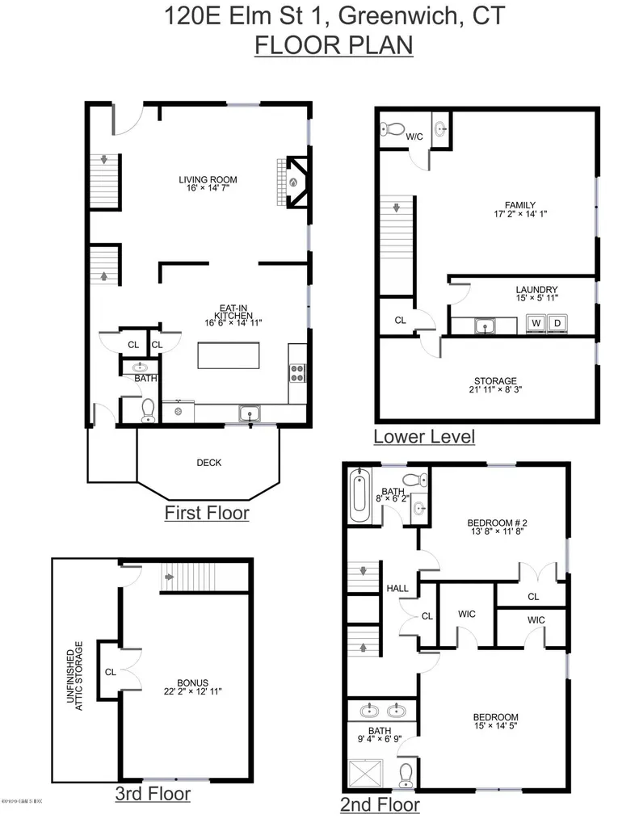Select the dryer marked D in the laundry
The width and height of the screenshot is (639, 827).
[557, 324]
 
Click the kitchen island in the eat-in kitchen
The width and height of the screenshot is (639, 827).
[229, 356]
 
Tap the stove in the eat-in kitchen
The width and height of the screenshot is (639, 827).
[296, 372]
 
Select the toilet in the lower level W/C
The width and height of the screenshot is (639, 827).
[393, 128]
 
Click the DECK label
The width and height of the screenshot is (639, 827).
[209, 463]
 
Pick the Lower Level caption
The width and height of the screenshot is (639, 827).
[423, 437]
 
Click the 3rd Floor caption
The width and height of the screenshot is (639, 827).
[153, 794]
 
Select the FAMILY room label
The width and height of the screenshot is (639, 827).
[497, 205]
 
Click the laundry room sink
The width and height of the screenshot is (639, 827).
[485, 325]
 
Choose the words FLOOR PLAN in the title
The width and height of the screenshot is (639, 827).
[334, 45]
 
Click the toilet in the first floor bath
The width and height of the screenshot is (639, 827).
[147, 411]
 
